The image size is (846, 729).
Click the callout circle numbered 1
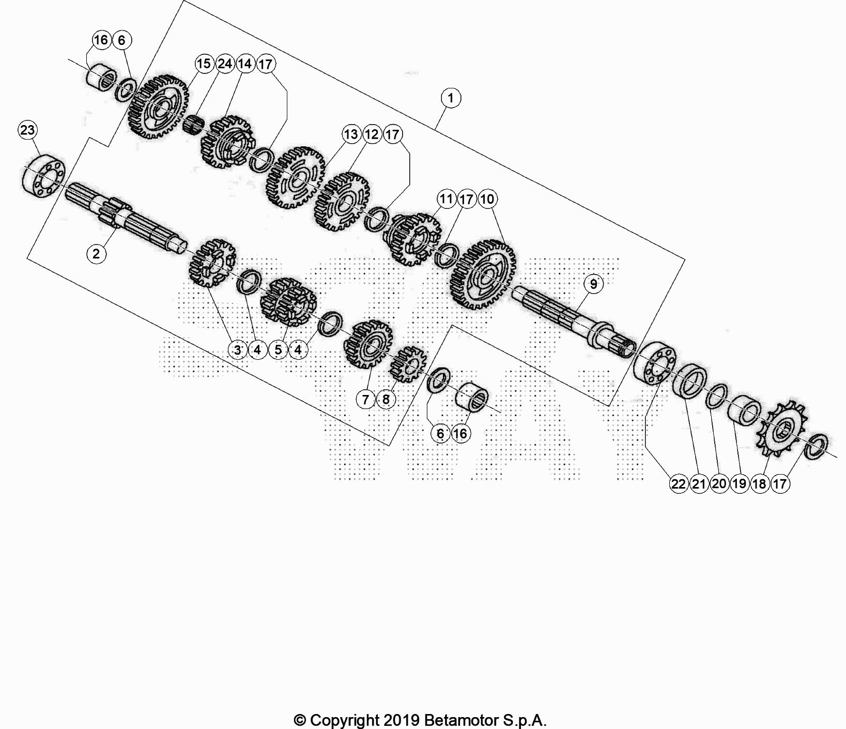[x=451, y=98]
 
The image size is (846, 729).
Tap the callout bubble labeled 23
[x=28, y=130]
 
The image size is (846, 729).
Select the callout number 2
[x=96, y=254]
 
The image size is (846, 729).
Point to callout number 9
[x=593, y=284]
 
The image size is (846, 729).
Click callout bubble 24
[x=224, y=64]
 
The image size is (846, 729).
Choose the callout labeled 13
[x=351, y=134]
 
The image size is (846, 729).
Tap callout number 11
[x=446, y=199]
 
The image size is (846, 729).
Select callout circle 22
[x=679, y=484]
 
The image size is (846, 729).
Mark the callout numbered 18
[x=759, y=484]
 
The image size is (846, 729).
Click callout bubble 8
[x=386, y=399]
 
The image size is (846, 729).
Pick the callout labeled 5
[x=278, y=350]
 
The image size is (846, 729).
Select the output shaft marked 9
[x=574, y=320]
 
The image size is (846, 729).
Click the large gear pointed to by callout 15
[x=163, y=108]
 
